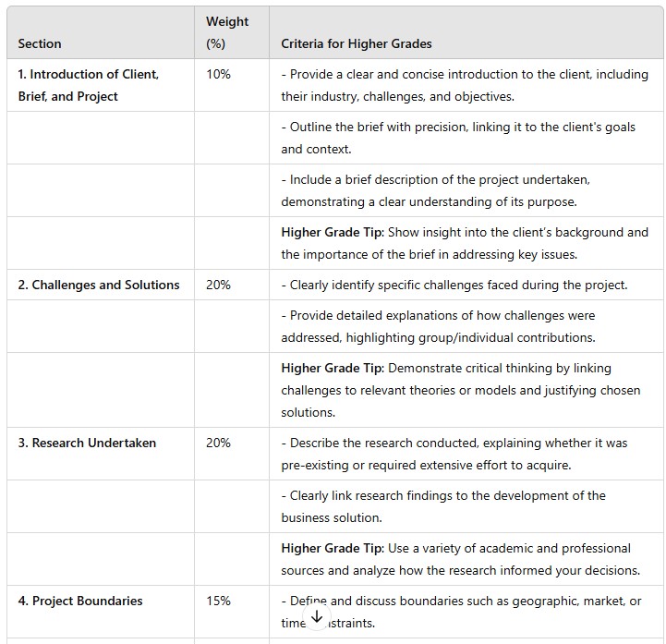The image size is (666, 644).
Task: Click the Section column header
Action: click(x=40, y=43)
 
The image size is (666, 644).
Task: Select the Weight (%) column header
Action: click(x=227, y=32)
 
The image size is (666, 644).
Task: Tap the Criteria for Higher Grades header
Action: click(x=357, y=43)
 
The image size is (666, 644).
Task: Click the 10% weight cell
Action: click(x=219, y=74)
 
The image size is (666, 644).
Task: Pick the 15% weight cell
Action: click(x=219, y=601)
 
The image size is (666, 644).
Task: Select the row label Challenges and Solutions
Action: click(x=99, y=285)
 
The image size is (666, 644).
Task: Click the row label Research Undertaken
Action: click(x=87, y=443)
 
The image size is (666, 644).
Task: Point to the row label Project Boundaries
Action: click(x=80, y=601)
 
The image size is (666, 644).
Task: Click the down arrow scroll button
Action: click(x=316, y=616)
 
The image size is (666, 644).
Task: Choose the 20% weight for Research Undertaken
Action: click(x=219, y=443)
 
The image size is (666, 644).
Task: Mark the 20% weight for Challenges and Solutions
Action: click(x=219, y=285)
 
